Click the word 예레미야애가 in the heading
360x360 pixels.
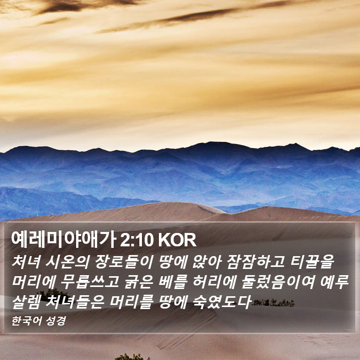(63, 240)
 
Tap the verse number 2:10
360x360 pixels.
(137, 240)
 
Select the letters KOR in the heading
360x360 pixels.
(177, 240)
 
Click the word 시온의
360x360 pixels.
(67, 262)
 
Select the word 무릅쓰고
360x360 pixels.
(89, 281)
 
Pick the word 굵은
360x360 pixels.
(139, 281)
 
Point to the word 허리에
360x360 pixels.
(214, 281)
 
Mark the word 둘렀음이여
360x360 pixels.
(278, 281)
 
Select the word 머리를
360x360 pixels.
(131, 301)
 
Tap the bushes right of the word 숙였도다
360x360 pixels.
(273, 302)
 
